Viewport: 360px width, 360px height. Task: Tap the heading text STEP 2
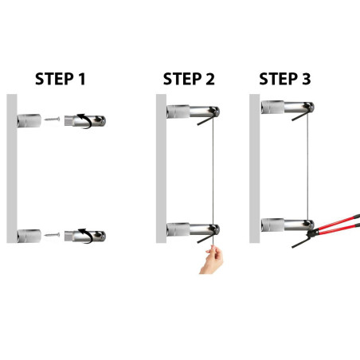point(189,79)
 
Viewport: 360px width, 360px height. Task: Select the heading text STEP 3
point(285,79)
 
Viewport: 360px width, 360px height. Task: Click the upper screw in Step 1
point(53,120)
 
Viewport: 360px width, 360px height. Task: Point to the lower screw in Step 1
point(53,235)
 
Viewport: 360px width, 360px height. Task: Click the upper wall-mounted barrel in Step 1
point(30,121)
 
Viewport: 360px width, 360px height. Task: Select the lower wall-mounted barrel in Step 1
point(30,236)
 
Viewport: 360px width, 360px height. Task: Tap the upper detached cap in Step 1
point(88,121)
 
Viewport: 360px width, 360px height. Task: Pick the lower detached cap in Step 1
point(88,236)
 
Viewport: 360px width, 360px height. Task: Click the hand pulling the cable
point(212,260)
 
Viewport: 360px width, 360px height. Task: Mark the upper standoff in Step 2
point(191,111)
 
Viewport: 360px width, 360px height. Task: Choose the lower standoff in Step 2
point(191,230)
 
